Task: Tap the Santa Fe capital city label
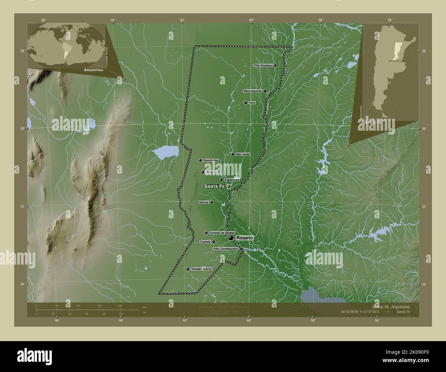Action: (214, 186)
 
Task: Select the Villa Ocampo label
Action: (263, 65)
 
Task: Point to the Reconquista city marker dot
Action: (265, 91)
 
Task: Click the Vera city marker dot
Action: (245, 103)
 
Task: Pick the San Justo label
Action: (243, 154)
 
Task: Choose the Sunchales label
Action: (211, 160)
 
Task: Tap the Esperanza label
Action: (232, 180)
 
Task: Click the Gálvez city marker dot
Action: (212, 202)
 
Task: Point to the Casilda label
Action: (205, 242)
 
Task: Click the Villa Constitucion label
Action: (225, 249)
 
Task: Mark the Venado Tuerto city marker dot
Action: (187, 269)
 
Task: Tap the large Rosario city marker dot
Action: (231, 238)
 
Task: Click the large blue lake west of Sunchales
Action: (166, 151)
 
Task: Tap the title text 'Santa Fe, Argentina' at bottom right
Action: (390, 306)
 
